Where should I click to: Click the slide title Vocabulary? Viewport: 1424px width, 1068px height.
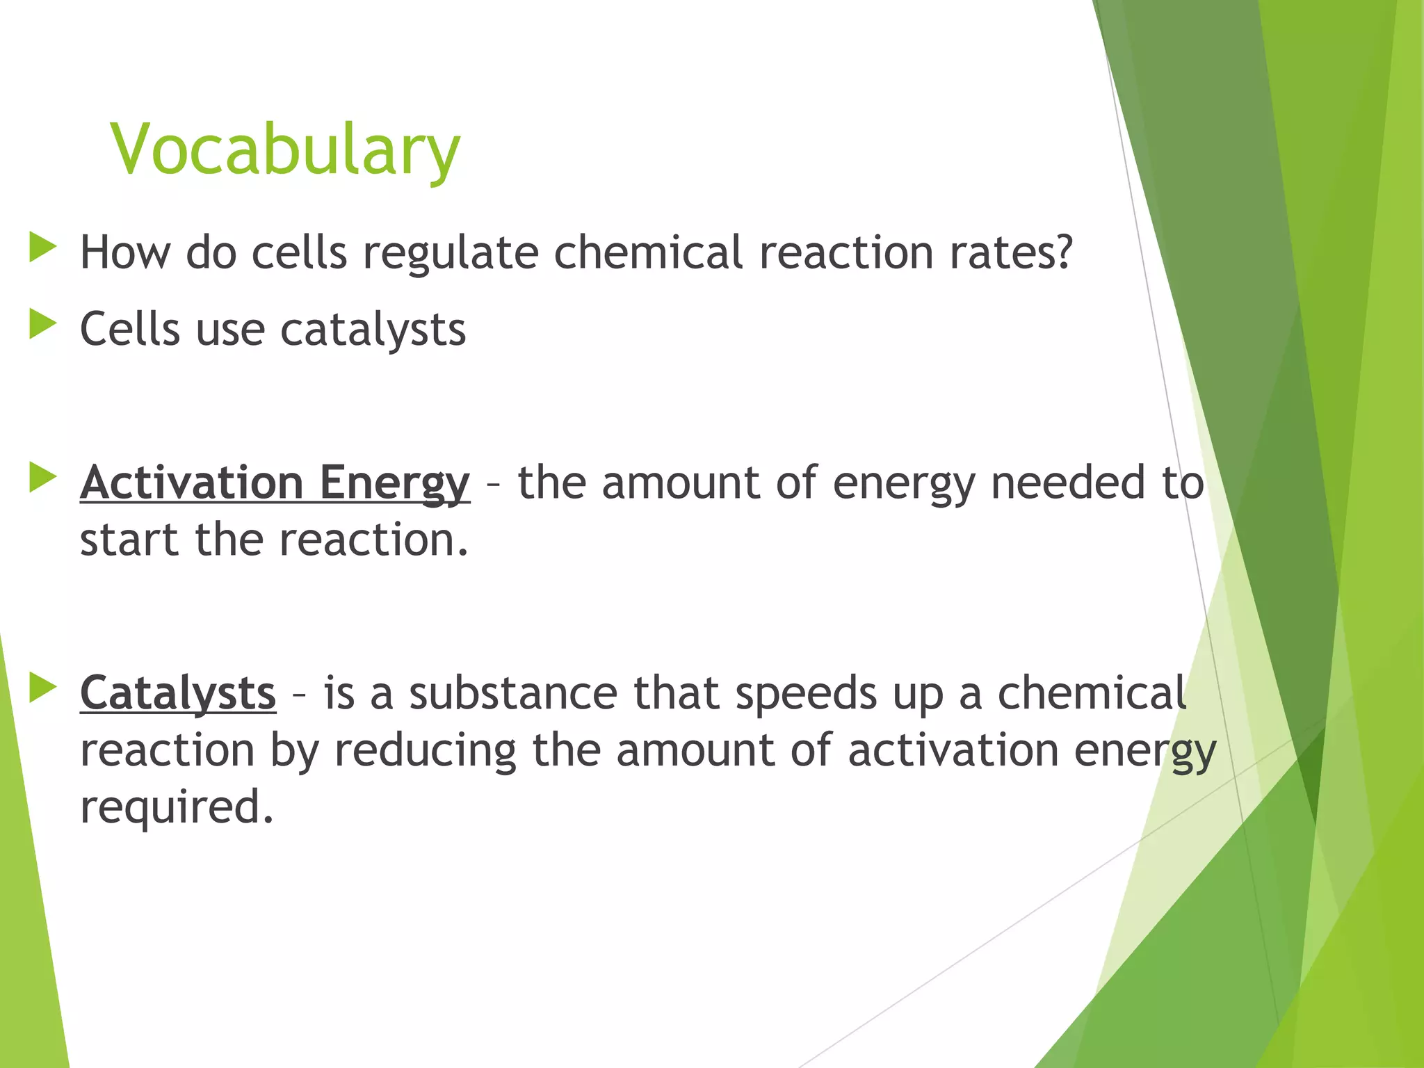click(x=285, y=149)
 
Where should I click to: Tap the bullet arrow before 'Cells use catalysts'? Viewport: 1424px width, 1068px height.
click(x=42, y=325)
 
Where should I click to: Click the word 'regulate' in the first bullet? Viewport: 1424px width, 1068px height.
click(x=451, y=253)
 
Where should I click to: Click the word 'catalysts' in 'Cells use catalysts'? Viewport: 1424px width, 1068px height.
click(x=373, y=330)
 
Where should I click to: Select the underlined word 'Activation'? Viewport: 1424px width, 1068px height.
click(x=192, y=483)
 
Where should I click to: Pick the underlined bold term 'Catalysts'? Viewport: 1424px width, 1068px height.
click(x=178, y=694)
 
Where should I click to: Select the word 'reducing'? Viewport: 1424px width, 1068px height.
click(x=426, y=751)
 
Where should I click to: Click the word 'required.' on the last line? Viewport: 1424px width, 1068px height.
click(x=177, y=808)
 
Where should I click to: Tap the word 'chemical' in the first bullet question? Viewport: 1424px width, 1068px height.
click(x=648, y=252)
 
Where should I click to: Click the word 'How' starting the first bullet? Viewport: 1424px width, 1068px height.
click(x=125, y=252)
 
